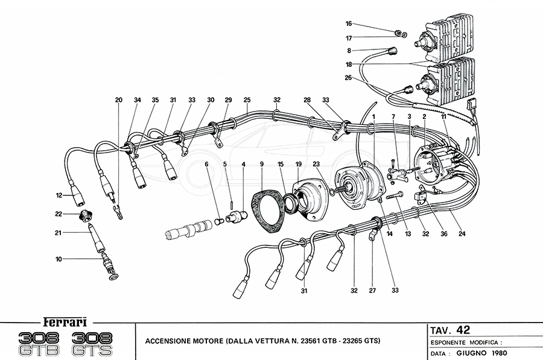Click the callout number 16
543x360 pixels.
[349, 24]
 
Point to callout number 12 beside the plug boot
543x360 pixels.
[59, 195]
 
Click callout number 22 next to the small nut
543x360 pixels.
[58, 214]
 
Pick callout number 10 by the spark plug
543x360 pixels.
[59, 259]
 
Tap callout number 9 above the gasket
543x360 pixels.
[261, 163]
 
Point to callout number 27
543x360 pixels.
[372, 290]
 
